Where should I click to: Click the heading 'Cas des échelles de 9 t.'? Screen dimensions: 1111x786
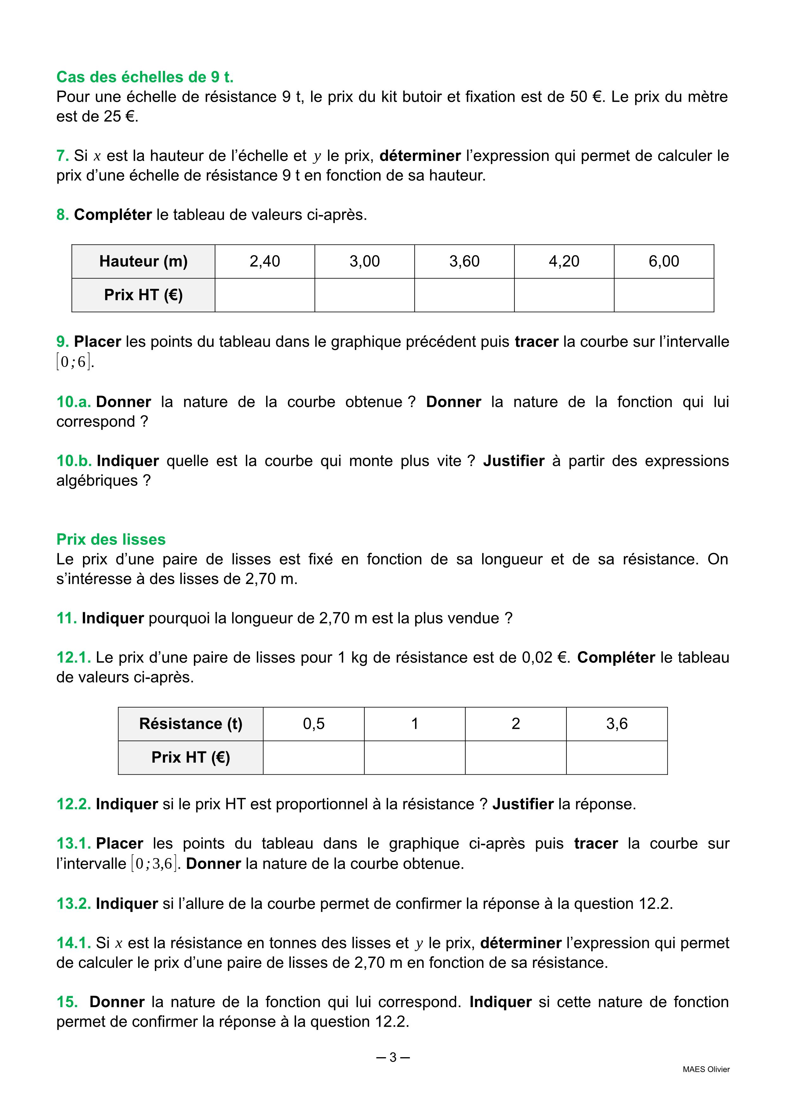[145, 77]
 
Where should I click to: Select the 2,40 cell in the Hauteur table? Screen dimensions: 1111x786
[265, 261]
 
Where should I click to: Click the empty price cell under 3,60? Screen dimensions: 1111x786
[464, 295]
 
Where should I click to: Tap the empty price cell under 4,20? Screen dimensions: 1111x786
[564, 295]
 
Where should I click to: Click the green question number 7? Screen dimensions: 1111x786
[62, 156]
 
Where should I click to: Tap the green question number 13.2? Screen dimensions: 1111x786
[73, 904]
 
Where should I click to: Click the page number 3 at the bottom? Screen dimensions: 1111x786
[393, 1058]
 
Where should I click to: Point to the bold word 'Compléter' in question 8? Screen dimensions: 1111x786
[113, 215]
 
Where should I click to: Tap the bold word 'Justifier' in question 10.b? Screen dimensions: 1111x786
[514, 461]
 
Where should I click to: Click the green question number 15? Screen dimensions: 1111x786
[67, 1002]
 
